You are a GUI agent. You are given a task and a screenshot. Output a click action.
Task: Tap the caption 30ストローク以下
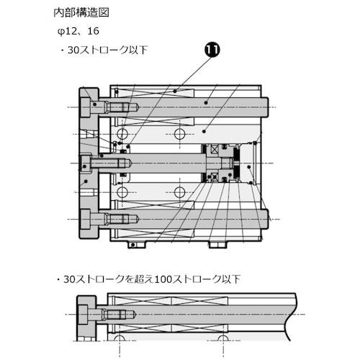coord(108,50)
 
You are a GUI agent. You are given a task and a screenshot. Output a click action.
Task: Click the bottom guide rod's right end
coord(266,217)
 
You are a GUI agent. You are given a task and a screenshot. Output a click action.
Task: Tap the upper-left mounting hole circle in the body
coord(122,135)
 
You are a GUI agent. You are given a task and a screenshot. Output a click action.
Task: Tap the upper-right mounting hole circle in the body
coord(179,135)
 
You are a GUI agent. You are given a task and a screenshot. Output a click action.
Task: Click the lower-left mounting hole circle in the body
coord(122,191)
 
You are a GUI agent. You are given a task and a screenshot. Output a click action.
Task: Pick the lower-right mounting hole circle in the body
coord(179,191)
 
